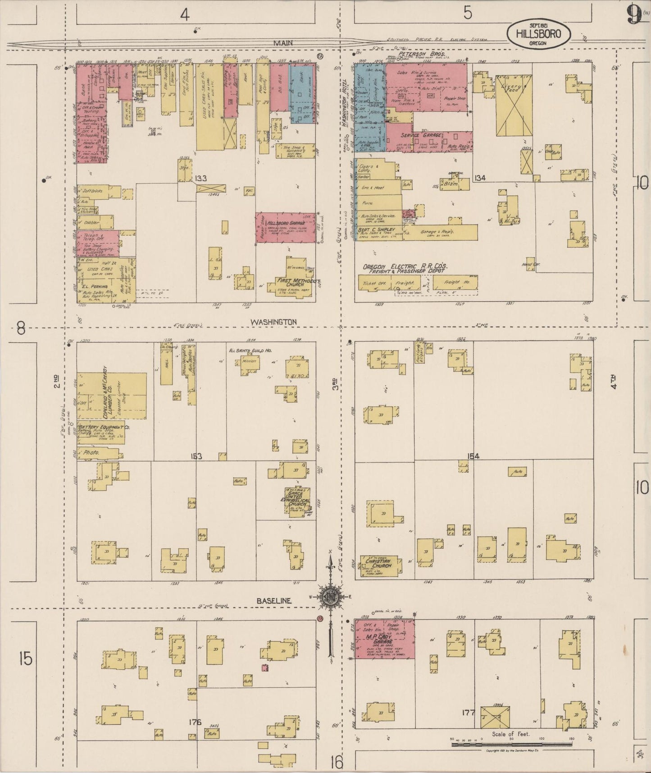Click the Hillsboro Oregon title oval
click(538, 33)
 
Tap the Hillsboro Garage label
click(286, 223)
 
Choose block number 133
click(201, 179)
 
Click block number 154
click(473, 456)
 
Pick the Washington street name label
click(273, 322)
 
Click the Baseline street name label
click(274, 601)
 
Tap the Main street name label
click(282, 43)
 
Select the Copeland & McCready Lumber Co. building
click(111, 396)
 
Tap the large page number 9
click(633, 16)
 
